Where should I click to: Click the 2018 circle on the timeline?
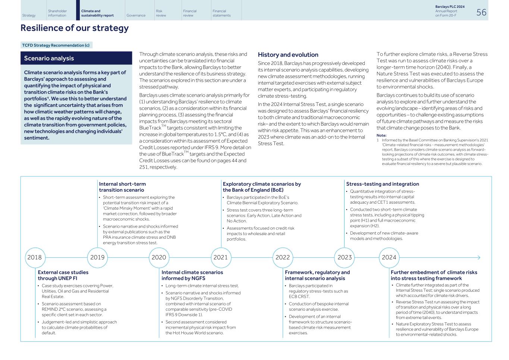(35, 257)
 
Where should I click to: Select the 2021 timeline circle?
(220, 257)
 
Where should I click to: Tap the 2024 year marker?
(389, 257)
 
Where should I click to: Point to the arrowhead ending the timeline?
(478, 257)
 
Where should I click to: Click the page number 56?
(481, 12)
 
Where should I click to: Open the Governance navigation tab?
(136, 15)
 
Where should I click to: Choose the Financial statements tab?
(221, 13)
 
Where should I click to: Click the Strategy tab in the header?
(29, 15)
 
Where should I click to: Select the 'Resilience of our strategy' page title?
(75, 28)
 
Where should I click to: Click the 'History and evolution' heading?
(288, 55)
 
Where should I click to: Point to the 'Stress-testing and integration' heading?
(382, 184)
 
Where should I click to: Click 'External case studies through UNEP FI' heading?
(63, 275)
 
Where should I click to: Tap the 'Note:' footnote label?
(381, 135)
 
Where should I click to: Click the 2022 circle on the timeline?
(283, 257)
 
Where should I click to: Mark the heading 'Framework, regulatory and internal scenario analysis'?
(317, 275)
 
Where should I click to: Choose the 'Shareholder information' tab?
(57, 13)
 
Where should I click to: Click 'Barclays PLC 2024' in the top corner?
(450, 7)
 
